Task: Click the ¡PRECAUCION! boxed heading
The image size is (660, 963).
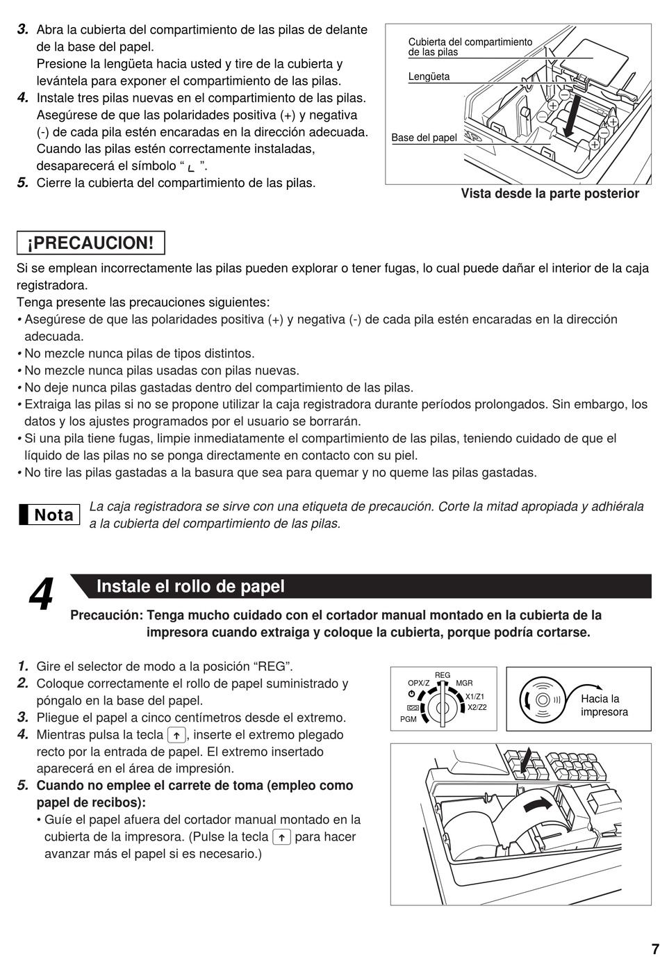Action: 91,243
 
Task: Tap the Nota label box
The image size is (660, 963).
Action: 49,515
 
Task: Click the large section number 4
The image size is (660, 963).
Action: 41,594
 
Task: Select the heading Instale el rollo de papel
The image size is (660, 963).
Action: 190,586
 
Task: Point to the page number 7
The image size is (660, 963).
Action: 655,949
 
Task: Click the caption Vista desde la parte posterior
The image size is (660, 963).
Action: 550,193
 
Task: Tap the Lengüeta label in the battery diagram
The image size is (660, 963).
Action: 429,76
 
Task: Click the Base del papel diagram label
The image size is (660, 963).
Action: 424,138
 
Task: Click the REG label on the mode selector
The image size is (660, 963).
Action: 442,675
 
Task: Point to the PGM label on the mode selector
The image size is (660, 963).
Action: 408,719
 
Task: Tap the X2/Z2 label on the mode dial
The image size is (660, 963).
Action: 477,707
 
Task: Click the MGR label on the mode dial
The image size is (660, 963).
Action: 464,683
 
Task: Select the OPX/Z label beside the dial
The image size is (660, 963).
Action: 418,683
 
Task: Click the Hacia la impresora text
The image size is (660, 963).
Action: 604,706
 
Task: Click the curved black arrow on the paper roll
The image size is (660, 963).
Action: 538,804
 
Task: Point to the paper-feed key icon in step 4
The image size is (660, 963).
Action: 176,735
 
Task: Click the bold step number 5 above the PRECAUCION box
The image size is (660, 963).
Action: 23,183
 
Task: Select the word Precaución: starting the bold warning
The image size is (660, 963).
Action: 106,615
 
